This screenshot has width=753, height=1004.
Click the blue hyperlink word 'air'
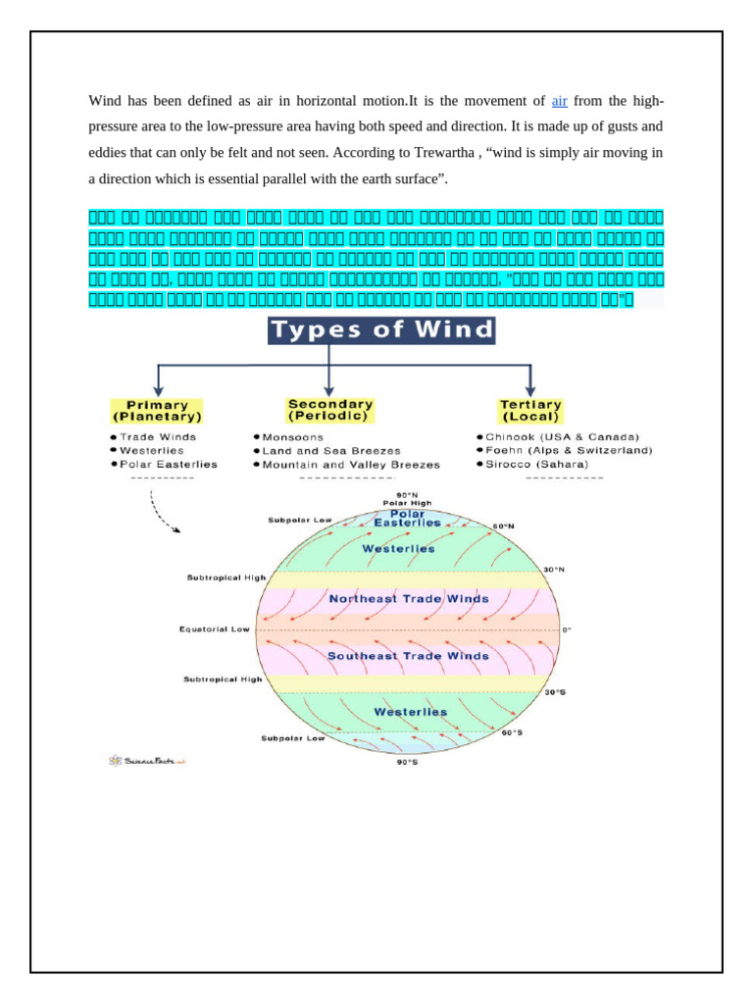pyautogui.click(x=560, y=101)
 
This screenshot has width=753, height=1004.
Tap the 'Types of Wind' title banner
pyautogui.click(x=382, y=329)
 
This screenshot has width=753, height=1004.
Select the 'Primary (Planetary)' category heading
pyautogui.click(x=157, y=410)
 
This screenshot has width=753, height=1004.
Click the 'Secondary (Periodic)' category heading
pyautogui.click(x=329, y=410)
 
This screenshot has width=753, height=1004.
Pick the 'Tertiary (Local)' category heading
pyautogui.click(x=530, y=410)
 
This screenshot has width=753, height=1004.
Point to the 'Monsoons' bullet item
pyautogui.click(x=293, y=436)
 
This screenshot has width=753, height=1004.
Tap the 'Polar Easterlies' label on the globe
pyautogui.click(x=407, y=518)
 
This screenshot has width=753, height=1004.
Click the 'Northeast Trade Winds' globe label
pyautogui.click(x=409, y=598)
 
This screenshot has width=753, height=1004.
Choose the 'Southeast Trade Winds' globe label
pyautogui.click(x=408, y=655)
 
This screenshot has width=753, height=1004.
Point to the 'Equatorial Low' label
pyautogui.click(x=215, y=628)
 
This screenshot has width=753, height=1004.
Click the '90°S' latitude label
pyautogui.click(x=406, y=762)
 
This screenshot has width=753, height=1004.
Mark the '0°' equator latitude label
pyautogui.click(x=566, y=629)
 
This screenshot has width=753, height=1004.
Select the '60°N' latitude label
pyautogui.click(x=503, y=527)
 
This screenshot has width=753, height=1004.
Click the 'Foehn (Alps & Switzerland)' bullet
pyautogui.click(x=568, y=450)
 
